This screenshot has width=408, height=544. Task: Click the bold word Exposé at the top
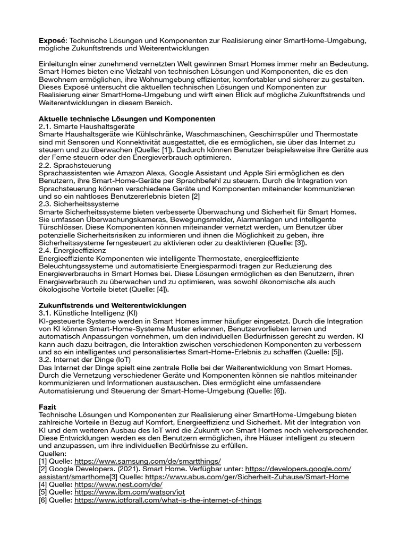coord(53,41)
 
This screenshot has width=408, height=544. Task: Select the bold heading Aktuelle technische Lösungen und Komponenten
coord(127,118)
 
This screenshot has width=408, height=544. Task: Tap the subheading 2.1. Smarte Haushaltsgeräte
coord(87,127)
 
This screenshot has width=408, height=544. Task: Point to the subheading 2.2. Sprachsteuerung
coord(75,166)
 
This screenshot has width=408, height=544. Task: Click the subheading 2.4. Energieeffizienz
coord(72,250)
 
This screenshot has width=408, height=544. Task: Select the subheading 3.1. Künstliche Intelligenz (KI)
coord(88,313)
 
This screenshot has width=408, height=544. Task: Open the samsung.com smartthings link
coord(148,461)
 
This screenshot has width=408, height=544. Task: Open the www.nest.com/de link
coord(118,484)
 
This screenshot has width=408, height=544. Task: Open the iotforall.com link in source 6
coord(168,500)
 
